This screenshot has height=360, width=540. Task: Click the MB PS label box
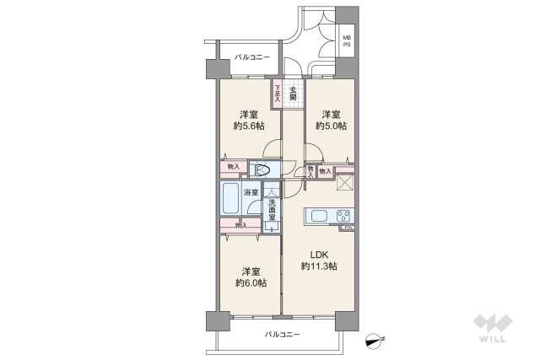(x=346, y=40)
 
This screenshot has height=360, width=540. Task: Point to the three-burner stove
(x=343, y=215)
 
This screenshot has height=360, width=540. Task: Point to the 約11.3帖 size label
(x=318, y=266)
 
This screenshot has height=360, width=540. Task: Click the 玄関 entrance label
(x=293, y=93)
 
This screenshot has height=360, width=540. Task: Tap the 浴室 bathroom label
(x=251, y=193)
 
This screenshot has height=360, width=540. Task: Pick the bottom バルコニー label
(x=282, y=334)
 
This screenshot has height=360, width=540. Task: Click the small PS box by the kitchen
(x=347, y=227)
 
